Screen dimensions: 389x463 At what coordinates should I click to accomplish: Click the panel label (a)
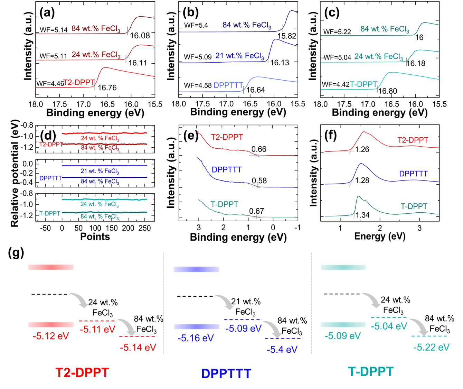click(47, 13)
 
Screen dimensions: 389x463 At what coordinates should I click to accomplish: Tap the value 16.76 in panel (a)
click(107, 88)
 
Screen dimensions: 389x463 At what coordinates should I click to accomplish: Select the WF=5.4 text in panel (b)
click(196, 25)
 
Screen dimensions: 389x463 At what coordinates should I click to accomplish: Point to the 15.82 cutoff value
click(287, 36)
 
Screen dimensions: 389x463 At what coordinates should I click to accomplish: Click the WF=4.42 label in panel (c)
click(336, 84)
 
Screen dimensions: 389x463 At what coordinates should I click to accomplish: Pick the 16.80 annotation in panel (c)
click(388, 91)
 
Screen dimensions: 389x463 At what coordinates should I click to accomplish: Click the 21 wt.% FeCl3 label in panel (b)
click(239, 56)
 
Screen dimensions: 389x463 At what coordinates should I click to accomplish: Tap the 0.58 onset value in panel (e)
click(259, 181)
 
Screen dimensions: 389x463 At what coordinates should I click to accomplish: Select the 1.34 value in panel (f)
click(362, 215)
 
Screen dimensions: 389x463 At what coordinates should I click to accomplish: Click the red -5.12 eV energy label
click(51, 336)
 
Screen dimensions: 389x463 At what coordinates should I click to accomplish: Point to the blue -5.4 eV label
click(282, 350)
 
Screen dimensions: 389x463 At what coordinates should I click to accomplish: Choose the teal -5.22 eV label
click(432, 347)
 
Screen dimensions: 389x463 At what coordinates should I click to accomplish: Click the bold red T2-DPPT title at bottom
click(82, 372)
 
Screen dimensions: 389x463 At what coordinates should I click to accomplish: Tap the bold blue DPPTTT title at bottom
click(226, 373)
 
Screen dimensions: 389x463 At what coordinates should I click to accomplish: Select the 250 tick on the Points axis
click(145, 228)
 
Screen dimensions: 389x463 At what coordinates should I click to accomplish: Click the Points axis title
click(95, 237)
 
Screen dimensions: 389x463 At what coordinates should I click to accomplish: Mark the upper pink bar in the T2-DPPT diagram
click(51, 267)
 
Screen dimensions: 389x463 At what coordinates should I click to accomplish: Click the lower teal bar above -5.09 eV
click(343, 325)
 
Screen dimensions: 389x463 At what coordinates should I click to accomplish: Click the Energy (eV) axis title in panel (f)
click(380, 236)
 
